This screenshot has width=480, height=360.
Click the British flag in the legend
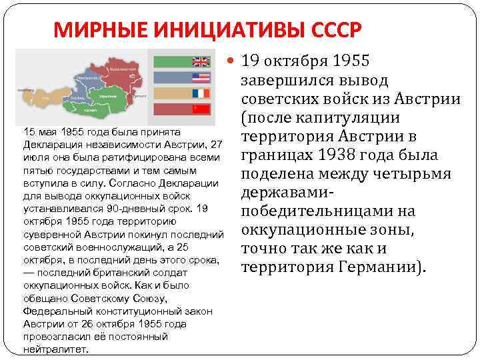201,62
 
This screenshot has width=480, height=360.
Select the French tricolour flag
201,93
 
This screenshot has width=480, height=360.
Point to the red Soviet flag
201,109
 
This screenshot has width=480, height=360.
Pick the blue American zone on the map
83,77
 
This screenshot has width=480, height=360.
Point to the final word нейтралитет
55,348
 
